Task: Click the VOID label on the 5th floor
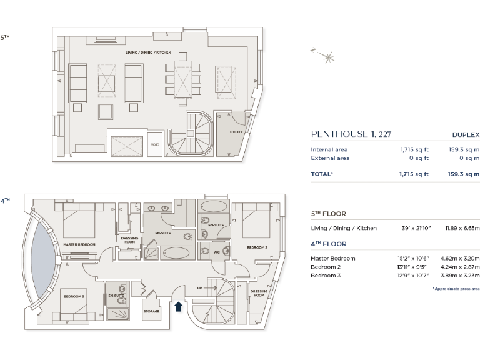pyautogui.click(x=156, y=144)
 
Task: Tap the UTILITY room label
pyautogui.click(x=236, y=132)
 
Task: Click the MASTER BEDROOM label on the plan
pyautogui.click(x=79, y=244)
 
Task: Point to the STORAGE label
pyautogui.click(x=152, y=311)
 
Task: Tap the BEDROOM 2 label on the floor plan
pyautogui.click(x=257, y=248)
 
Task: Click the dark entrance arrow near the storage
pyautogui.click(x=178, y=306)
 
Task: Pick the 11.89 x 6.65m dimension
pyautogui.click(x=462, y=228)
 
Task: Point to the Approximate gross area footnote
pyautogui.click(x=456, y=289)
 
